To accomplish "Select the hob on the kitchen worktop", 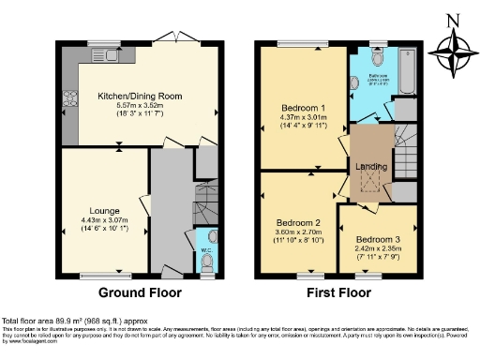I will point(68,97).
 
